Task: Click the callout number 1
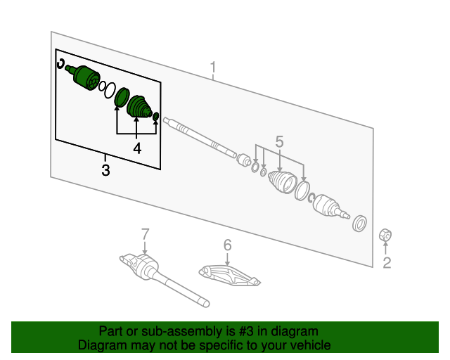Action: pos(214,68)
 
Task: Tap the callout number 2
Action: pos(386,263)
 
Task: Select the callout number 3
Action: pos(105,169)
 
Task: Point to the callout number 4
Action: pos(137,148)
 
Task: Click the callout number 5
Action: pos(279,141)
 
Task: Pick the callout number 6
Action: pos(227,245)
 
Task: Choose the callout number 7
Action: pos(145,233)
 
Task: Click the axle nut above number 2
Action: pos(385,235)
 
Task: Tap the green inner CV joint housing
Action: pos(85,77)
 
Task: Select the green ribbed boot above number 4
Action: pos(139,107)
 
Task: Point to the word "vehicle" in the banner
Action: pos(307,345)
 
